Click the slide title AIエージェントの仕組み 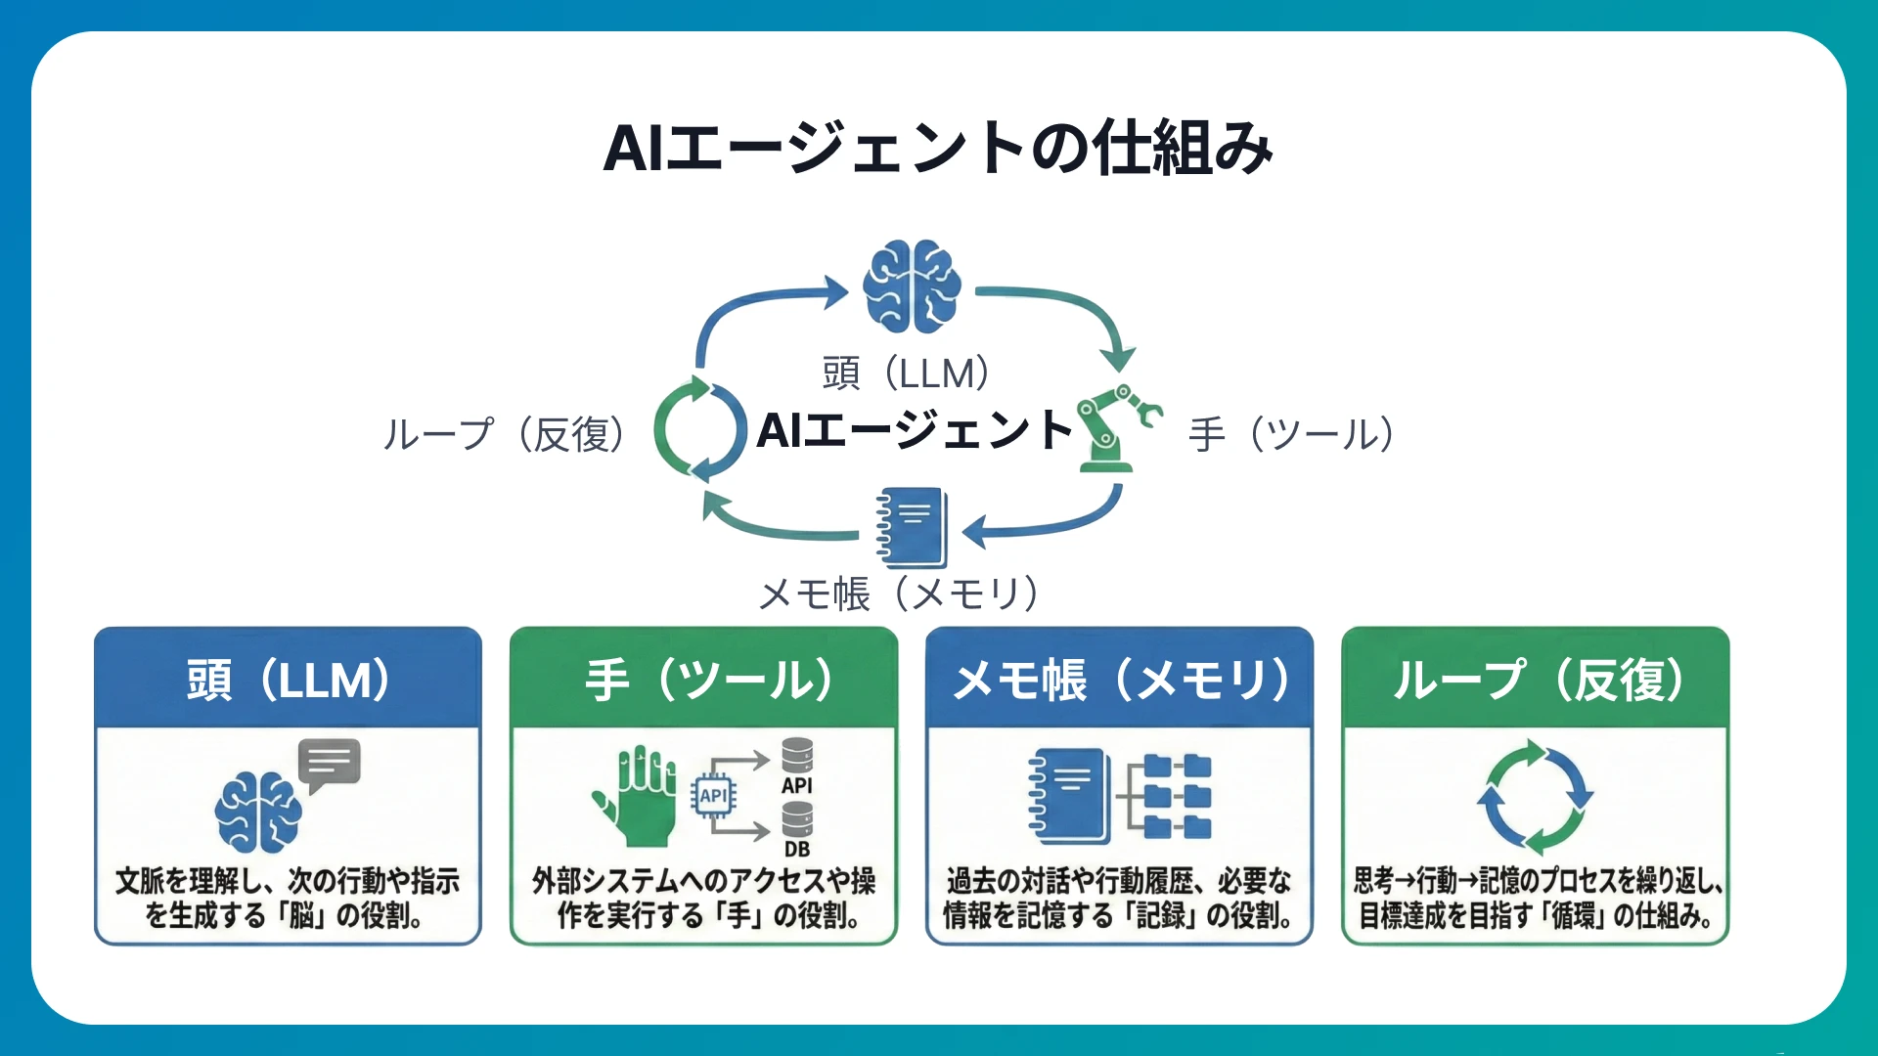pos(938,149)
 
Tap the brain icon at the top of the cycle pos(912,286)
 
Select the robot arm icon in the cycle pos(1115,427)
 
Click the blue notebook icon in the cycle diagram pos(914,528)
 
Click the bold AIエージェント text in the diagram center pos(915,430)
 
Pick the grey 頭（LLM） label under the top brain pos(906,374)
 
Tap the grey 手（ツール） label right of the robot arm pos(1291,434)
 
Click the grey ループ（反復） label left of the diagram pos(504,434)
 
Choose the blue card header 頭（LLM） pos(288,680)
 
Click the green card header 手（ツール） pos(703,680)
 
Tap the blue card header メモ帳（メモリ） pos(1119,680)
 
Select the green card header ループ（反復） pos(1535,680)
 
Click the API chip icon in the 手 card pos(713,796)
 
